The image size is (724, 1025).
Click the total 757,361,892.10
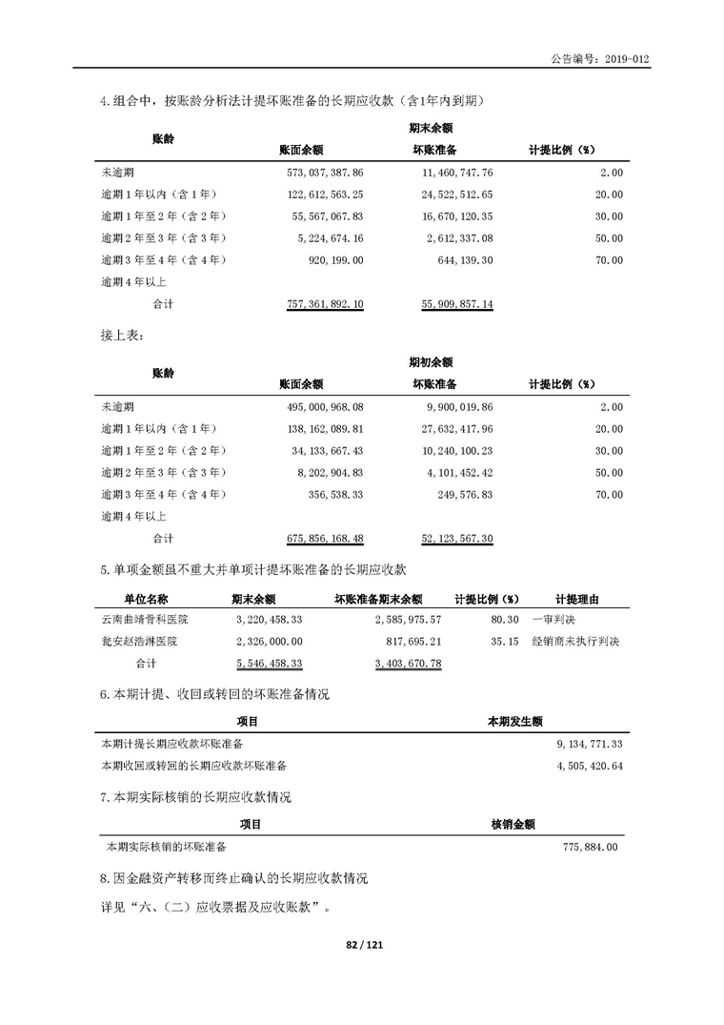[324, 303]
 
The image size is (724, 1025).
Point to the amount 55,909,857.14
[456, 303]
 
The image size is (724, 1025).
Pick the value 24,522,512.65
[456, 195]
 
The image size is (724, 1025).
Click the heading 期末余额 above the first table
[430, 127]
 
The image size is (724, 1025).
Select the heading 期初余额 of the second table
[430, 362]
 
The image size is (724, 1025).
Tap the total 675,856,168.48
[324, 539]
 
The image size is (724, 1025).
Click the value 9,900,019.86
[458, 408]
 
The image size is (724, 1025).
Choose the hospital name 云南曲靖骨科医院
[145, 620]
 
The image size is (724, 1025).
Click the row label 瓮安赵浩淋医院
[139, 642]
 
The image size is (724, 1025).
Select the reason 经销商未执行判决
[575, 642]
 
